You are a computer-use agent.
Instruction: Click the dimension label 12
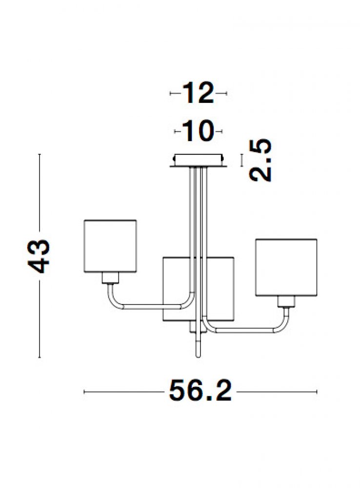click(x=198, y=93)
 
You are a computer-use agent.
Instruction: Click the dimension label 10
click(x=198, y=131)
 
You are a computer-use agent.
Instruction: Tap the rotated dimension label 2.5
click(x=260, y=160)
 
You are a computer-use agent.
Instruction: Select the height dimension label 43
click(x=39, y=256)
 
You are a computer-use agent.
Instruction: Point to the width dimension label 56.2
click(x=200, y=391)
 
